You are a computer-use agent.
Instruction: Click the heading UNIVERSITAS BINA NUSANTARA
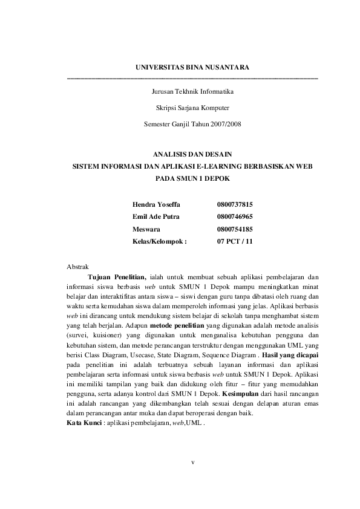(x=192, y=66)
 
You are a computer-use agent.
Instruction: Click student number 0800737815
(x=235, y=205)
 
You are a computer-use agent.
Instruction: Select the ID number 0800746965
(x=235, y=216)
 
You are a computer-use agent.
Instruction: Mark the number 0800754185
(x=235, y=229)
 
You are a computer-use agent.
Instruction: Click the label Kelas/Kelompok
(x=159, y=241)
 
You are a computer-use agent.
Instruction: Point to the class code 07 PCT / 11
(x=235, y=241)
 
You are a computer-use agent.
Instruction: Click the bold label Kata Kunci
(x=84, y=422)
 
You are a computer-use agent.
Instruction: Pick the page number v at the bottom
(x=192, y=463)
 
